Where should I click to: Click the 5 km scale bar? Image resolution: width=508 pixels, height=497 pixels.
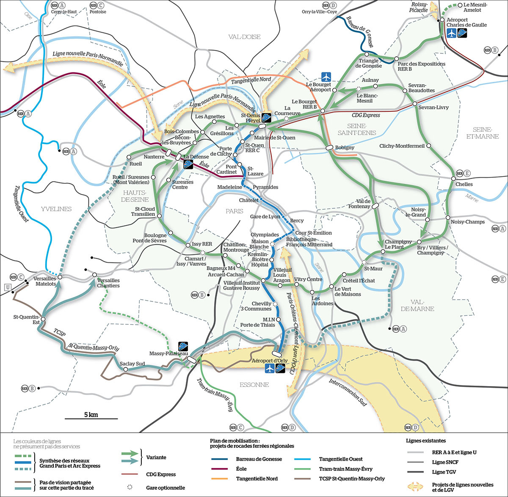point(91,418)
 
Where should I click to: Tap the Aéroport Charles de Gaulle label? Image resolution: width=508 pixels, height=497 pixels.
point(467,22)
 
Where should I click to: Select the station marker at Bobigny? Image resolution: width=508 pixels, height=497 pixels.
point(329,148)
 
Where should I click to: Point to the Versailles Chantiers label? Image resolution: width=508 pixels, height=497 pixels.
point(108,283)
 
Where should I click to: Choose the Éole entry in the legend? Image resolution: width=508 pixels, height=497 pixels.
point(241,469)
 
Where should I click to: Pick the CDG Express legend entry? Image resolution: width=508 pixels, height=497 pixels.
point(161,475)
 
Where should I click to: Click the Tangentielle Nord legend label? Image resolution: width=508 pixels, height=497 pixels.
point(257,478)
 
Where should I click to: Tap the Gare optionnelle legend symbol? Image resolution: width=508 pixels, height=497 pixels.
point(129,487)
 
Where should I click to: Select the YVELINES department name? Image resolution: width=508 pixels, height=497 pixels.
point(56,209)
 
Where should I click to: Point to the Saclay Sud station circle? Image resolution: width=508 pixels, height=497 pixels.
point(125,369)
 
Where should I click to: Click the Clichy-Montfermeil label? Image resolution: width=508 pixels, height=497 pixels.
point(402,146)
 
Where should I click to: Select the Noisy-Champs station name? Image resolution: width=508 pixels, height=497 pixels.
point(467,222)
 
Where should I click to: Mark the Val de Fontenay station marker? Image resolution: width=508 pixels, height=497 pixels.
point(375,206)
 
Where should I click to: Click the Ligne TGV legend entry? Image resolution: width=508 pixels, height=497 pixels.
point(444,472)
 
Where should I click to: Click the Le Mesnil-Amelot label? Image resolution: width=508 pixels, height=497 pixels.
point(475,7)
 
